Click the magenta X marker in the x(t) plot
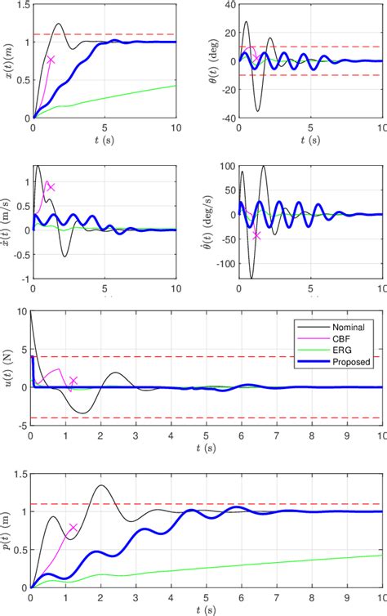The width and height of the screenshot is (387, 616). pos(51,60)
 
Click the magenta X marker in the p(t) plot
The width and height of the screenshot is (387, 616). pos(73,528)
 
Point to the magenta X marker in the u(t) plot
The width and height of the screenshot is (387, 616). pos(73,381)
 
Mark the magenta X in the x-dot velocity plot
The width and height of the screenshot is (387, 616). pos(51,187)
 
